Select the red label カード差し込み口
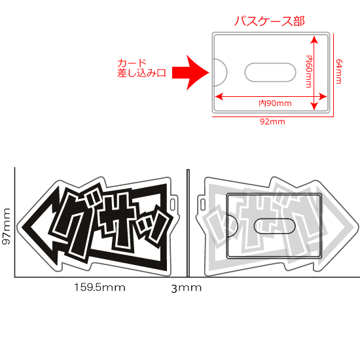click(x=142, y=68)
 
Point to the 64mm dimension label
click(x=339, y=71)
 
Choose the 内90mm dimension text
click(x=275, y=103)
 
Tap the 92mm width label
click(x=274, y=122)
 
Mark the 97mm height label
click(x=7, y=226)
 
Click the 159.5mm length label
click(x=99, y=287)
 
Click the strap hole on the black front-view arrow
click(x=173, y=205)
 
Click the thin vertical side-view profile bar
click(x=187, y=223)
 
